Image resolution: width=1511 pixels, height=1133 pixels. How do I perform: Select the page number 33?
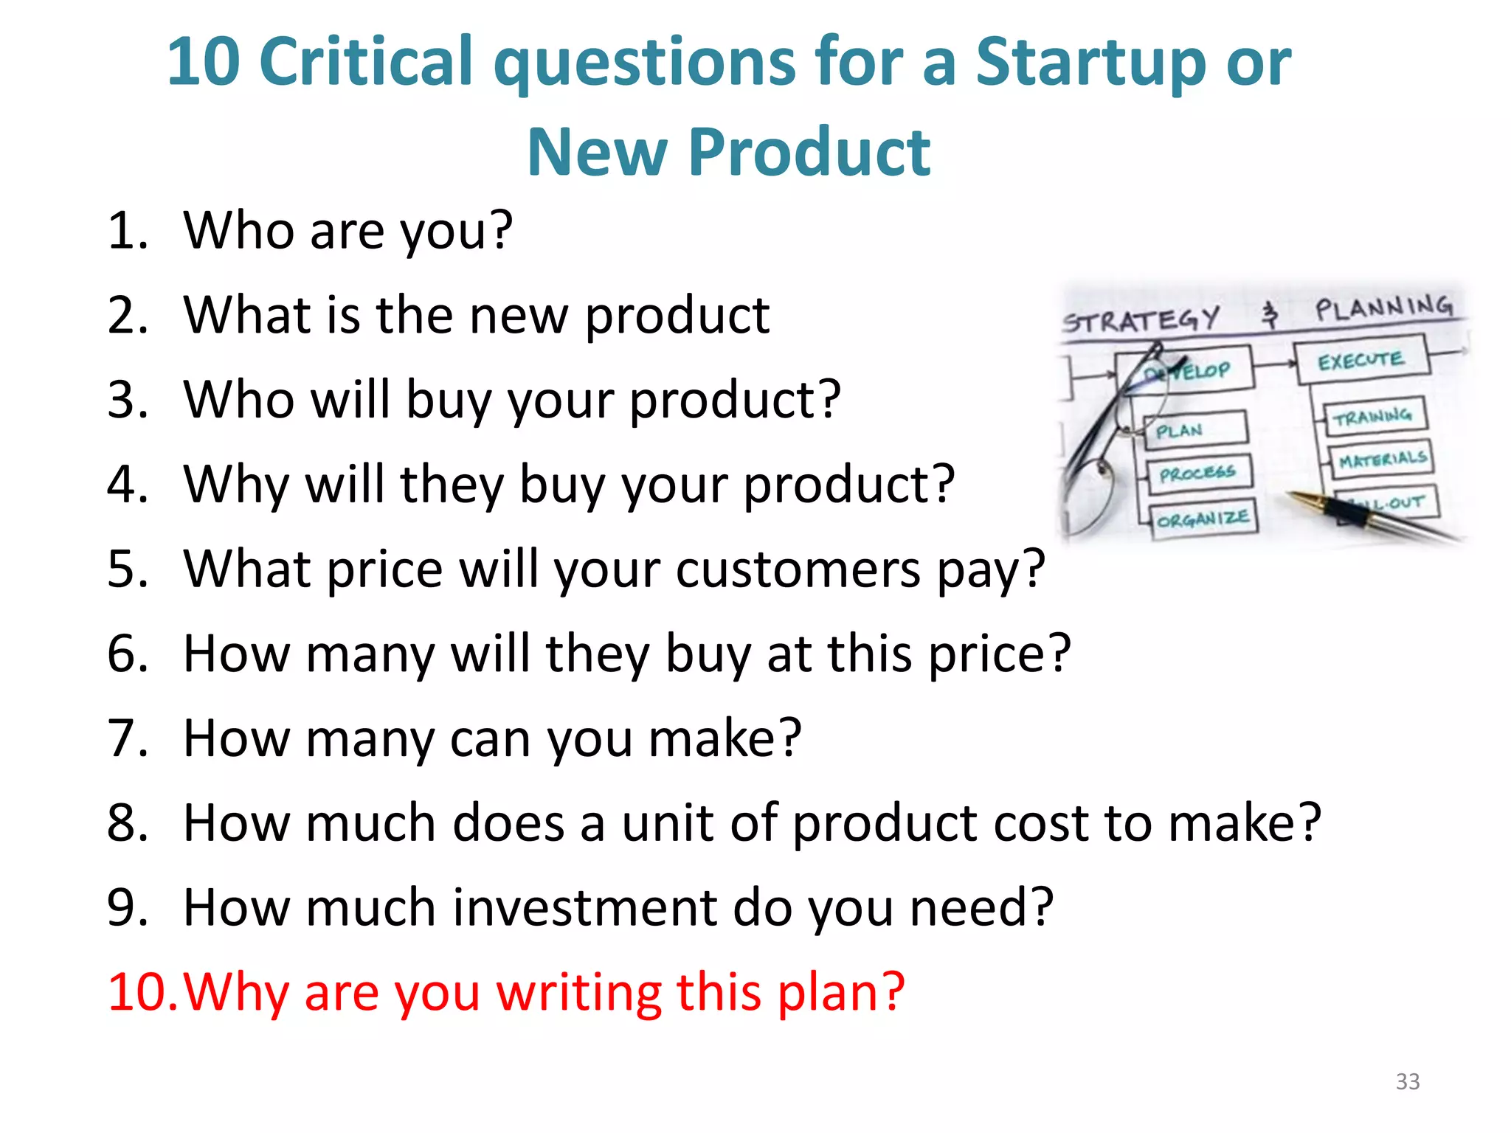1407,1081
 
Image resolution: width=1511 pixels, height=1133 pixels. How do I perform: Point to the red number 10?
140,992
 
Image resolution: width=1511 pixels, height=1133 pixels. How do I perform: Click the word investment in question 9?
584,907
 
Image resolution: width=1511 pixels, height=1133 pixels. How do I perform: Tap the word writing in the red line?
579,992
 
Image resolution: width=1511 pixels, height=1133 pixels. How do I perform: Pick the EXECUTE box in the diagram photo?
1361,361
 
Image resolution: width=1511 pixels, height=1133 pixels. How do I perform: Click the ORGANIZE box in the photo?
1203,519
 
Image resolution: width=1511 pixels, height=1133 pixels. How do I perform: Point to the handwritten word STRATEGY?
1140,320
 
